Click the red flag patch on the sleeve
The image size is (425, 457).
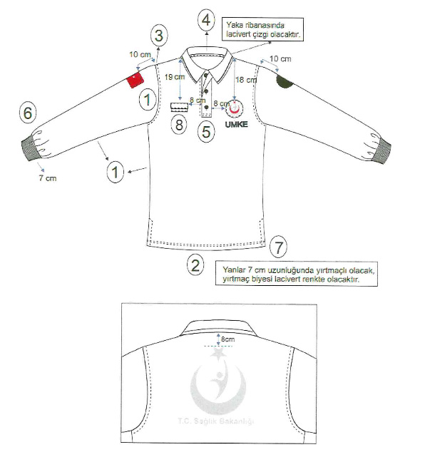pyautogui.click(x=135, y=79)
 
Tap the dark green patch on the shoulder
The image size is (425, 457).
pyautogui.click(x=284, y=81)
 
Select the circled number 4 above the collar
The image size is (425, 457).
pyautogui.click(x=206, y=21)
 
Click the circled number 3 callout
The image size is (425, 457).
pyautogui.click(x=159, y=36)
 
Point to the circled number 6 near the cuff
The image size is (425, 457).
pyautogui.click(x=28, y=113)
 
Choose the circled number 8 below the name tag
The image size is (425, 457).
pyautogui.click(x=179, y=125)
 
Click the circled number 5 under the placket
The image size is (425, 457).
pyautogui.click(x=206, y=132)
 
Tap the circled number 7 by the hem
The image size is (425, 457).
pyautogui.click(x=278, y=247)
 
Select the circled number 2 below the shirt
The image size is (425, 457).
pyautogui.click(x=195, y=265)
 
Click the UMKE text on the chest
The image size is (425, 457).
pyautogui.click(x=237, y=125)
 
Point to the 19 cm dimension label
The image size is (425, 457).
pyautogui.click(x=174, y=77)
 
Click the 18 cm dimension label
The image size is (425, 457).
pyautogui.click(x=246, y=80)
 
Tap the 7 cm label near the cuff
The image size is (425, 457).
pyautogui.click(x=48, y=178)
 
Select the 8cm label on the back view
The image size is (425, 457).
pyautogui.click(x=227, y=339)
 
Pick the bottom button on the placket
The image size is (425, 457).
pyautogui.click(x=206, y=108)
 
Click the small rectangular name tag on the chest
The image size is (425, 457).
pyautogui.click(x=179, y=107)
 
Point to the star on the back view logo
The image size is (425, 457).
pyautogui.click(x=218, y=353)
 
